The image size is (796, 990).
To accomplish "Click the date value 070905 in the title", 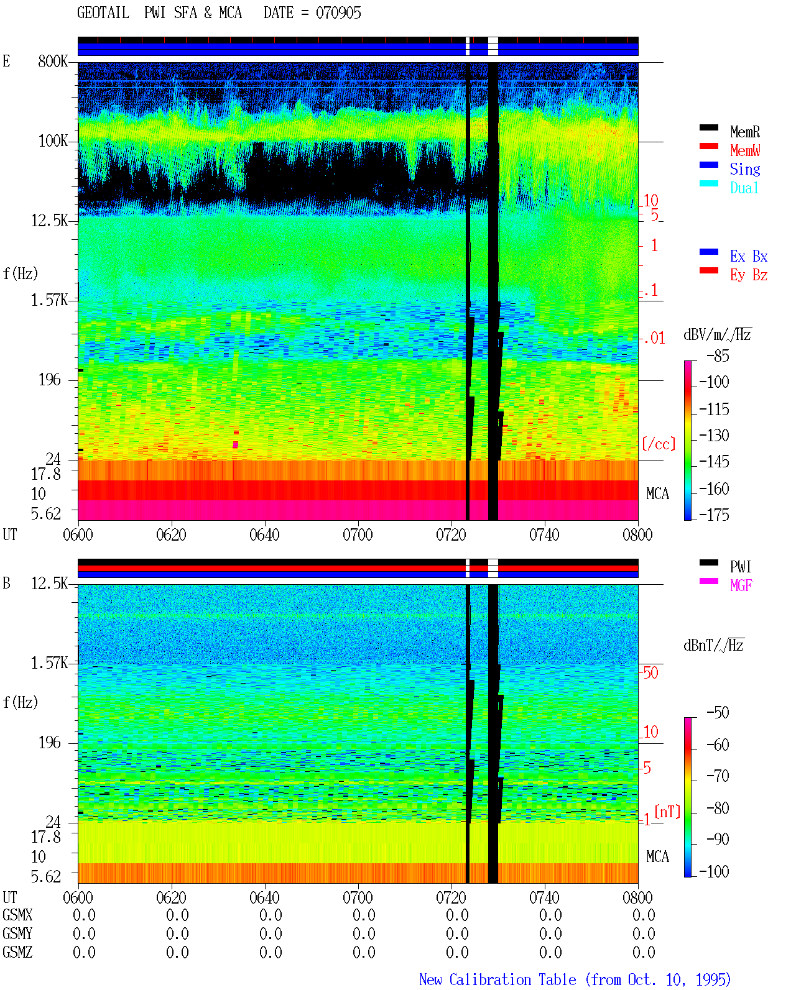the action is coord(338,13).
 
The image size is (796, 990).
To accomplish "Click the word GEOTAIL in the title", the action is coord(103,13).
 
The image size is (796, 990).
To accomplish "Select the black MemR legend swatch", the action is coord(708,127).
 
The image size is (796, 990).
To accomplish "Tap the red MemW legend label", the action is coord(745,150).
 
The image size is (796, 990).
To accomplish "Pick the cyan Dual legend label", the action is coord(744,188).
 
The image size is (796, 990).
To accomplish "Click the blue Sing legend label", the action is coord(745,169).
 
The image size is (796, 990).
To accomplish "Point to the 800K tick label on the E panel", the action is coord(53,61).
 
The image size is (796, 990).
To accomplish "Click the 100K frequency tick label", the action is coord(53,141).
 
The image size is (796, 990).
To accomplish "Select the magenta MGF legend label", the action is coord(741,585).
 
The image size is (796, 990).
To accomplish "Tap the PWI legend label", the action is coord(741,566).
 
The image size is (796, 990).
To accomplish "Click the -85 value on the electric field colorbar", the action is coord(718,355).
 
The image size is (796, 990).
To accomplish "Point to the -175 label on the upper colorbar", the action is coord(714,515).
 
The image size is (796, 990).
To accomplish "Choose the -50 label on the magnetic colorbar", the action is coord(718,713).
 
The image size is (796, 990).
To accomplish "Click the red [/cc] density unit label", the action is coord(659,444).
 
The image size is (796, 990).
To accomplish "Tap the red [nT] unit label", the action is coord(667,812).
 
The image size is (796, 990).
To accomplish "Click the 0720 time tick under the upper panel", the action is coord(451,534).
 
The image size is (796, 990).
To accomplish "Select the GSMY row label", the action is coord(17,933).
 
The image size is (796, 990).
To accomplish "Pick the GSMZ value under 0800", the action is coord(644,952).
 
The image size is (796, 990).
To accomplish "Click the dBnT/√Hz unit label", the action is coord(714,645).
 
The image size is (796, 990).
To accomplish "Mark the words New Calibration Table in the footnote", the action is coord(497,979).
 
